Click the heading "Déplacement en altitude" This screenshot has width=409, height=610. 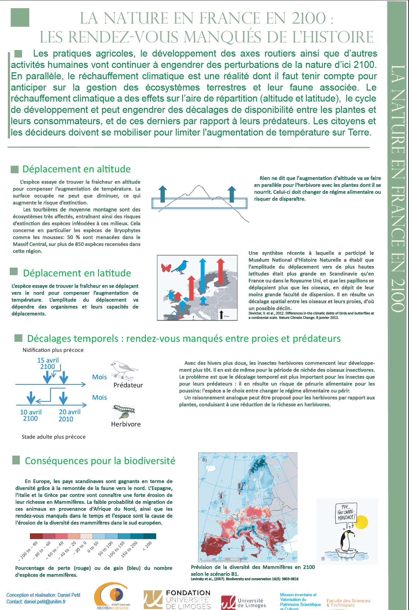76,169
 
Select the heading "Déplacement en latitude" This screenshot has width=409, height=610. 77,273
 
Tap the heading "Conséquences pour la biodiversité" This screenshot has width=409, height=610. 100,461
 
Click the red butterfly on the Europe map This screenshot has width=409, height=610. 166,268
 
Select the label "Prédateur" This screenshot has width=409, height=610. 128,385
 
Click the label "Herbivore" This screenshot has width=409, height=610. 126,424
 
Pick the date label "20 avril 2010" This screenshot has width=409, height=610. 69,415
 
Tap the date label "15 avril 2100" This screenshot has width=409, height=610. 48,363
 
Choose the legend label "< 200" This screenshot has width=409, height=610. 147,546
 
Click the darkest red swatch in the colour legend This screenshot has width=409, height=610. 36,536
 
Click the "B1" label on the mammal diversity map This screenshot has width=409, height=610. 205,460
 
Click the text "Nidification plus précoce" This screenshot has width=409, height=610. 53,350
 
